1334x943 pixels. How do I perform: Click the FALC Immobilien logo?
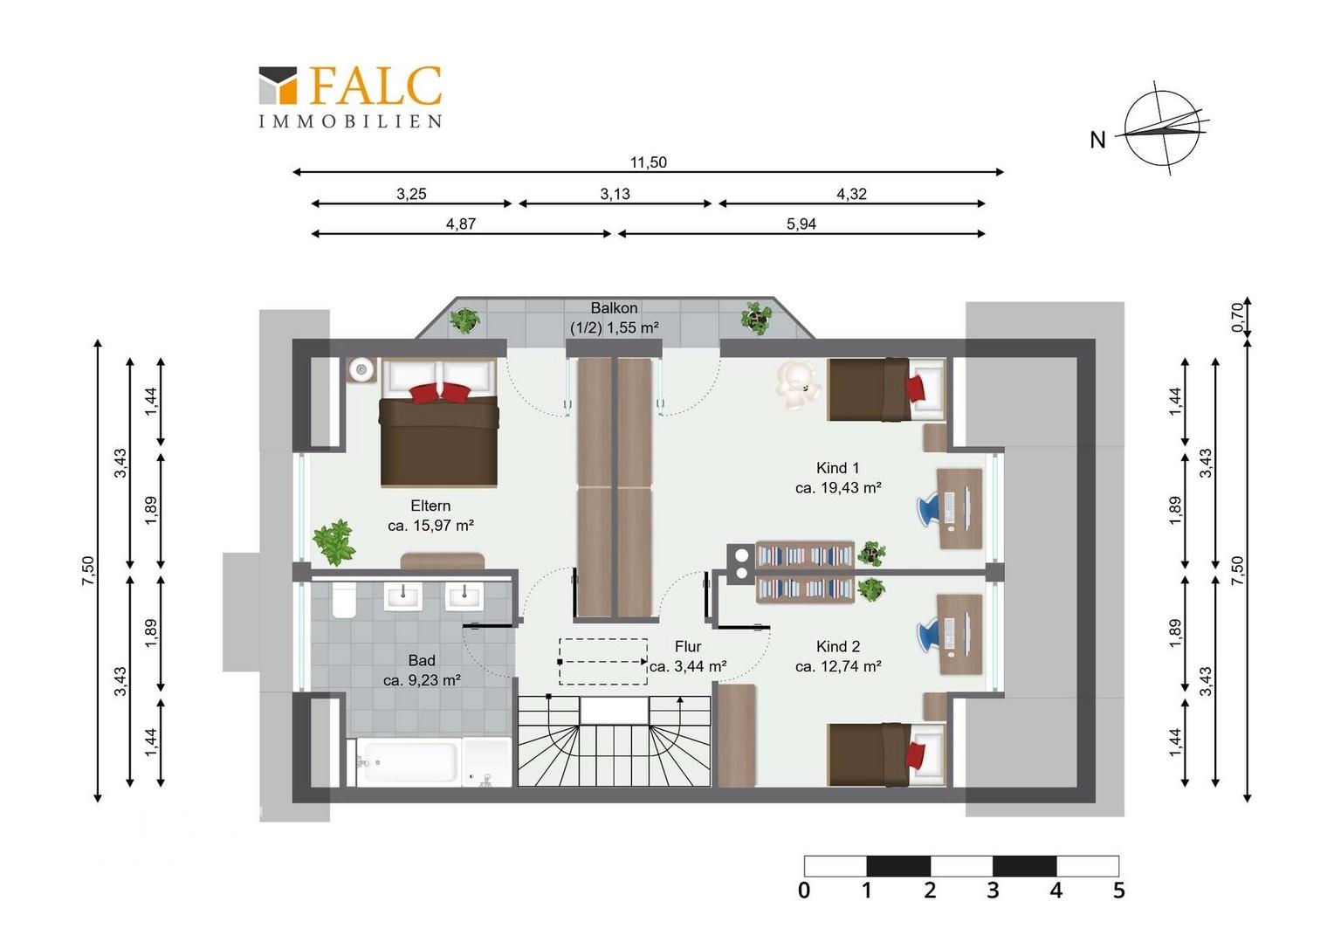pos(350,97)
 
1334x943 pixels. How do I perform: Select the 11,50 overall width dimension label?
pos(649,162)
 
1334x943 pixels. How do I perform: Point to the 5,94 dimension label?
pos(801,224)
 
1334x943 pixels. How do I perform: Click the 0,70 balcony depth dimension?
pos(1237,317)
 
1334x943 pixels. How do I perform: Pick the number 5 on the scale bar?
pos(1119,891)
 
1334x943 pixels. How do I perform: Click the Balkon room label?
pos(614,308)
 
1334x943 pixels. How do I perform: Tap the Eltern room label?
pos(430,506)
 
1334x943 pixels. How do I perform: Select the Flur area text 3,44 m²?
pos(688,666)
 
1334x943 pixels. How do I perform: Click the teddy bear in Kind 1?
pos(799,385)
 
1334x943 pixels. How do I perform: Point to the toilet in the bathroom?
pos(344,600)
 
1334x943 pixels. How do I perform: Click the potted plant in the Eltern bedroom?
pos(334,542)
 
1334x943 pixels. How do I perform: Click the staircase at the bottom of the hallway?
pos(614,741)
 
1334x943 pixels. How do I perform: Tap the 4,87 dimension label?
pos(460,224)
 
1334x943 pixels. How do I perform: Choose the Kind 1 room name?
pos(838,468)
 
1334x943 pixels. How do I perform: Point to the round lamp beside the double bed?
pos(361,370)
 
